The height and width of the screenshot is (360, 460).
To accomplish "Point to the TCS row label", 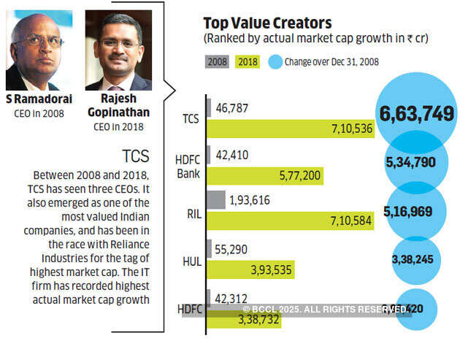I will click(191, 118).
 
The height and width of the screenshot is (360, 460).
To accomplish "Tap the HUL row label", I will click(191, 260).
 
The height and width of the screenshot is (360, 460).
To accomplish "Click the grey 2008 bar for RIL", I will click(216, 199).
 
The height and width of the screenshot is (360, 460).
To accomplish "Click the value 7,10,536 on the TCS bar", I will click(353, 129).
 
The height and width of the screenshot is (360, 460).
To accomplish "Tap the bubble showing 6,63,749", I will click(416, 113).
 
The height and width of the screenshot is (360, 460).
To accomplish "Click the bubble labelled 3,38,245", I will click(415, 258).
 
